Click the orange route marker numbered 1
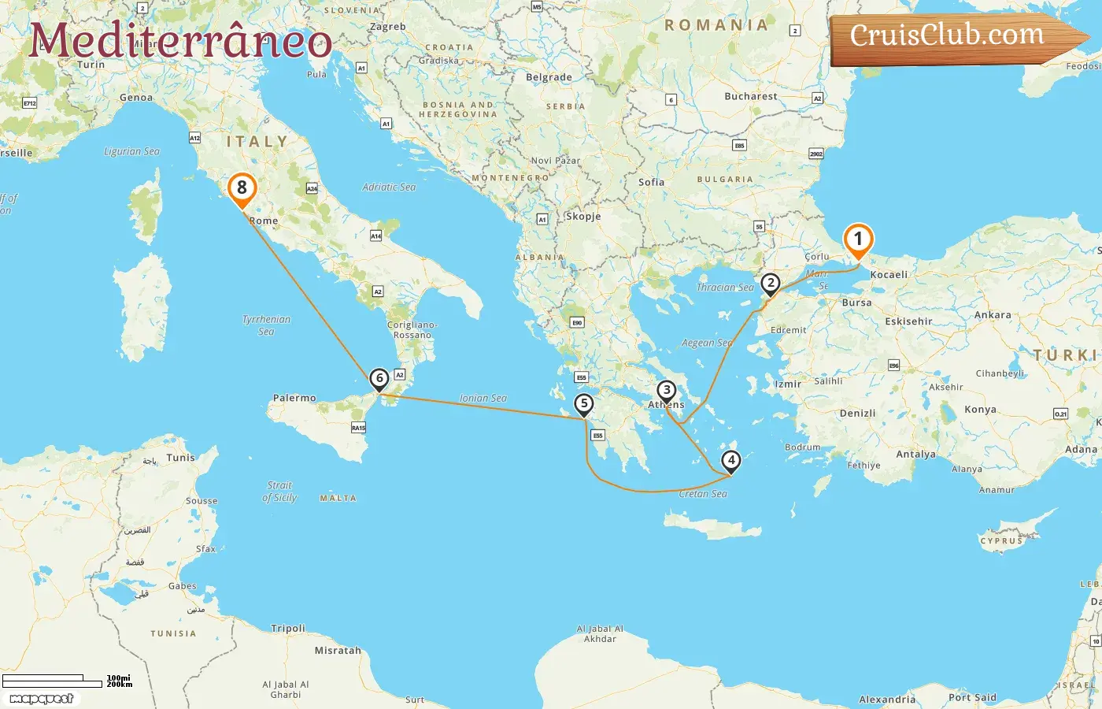(x=858, y=239)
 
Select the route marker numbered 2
(x=770, y=284)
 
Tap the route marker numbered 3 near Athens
(x=667, y=390)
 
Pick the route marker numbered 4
(x=731, y=460)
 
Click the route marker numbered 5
(x=583, y=404)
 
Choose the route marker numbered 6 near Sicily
(x=379, y=378)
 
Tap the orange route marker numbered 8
(x=242, y=188)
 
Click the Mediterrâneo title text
(x=180, y=41)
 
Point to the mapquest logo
(x=42, y=698)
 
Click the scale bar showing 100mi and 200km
(x=66, y=681)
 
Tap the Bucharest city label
(x=750, y=96)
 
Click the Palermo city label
(x=294, y=398)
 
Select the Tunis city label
(x=180, y=458)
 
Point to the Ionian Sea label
(x=483, y=399)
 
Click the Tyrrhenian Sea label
(x=266, y=325)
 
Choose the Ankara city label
(x=993, y=315)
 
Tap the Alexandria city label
(x=887, y=700)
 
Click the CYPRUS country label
(x=1001, y=541)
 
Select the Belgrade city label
(x=549, y=77)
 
